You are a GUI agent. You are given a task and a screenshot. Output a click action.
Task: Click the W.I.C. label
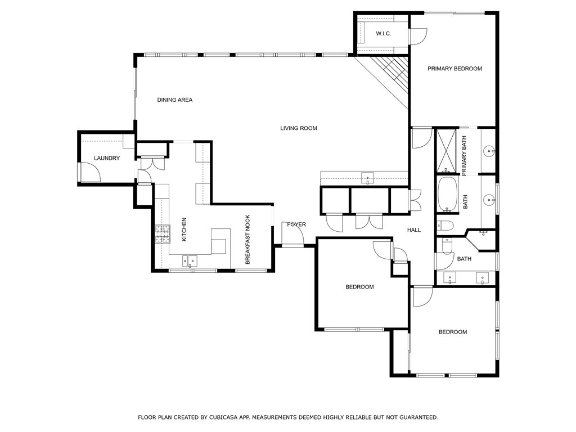point(383,34)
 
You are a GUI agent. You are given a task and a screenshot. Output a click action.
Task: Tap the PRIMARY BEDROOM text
point(454,69)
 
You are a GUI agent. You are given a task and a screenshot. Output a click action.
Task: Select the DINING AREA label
point(174,100)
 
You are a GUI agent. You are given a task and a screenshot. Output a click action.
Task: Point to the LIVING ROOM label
point(299,128)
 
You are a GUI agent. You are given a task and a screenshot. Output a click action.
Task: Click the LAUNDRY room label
point(107,159)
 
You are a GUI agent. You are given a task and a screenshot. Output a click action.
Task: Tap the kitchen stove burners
point(162,233)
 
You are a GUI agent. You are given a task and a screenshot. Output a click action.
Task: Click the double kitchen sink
point(190,260)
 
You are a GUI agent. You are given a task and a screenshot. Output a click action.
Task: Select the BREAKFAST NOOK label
point(247,240)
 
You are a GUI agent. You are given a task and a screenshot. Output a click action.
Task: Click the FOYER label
point(296,224)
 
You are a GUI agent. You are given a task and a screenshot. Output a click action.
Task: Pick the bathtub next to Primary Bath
point(448,195)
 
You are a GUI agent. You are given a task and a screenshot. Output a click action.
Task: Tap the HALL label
point(414,229)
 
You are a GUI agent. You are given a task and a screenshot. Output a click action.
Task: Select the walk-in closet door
point(417,37)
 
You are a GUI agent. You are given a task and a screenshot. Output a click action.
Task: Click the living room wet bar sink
point(367,179)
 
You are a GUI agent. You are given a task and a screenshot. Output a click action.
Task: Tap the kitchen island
point(220,241)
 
